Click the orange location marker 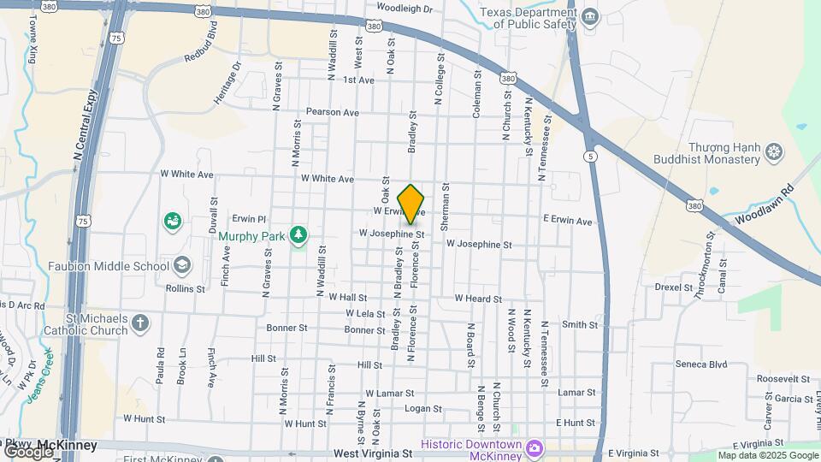(411, 204)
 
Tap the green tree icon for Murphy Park (298, 234)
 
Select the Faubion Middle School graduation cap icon (181, 265)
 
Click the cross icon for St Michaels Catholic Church (140, 323)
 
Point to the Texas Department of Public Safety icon (589, 17)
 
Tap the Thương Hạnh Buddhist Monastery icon (774, 152)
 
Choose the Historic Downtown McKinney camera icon (534, 447)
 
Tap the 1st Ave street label (359, 80)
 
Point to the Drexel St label (673, 287)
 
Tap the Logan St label (422, 409)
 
